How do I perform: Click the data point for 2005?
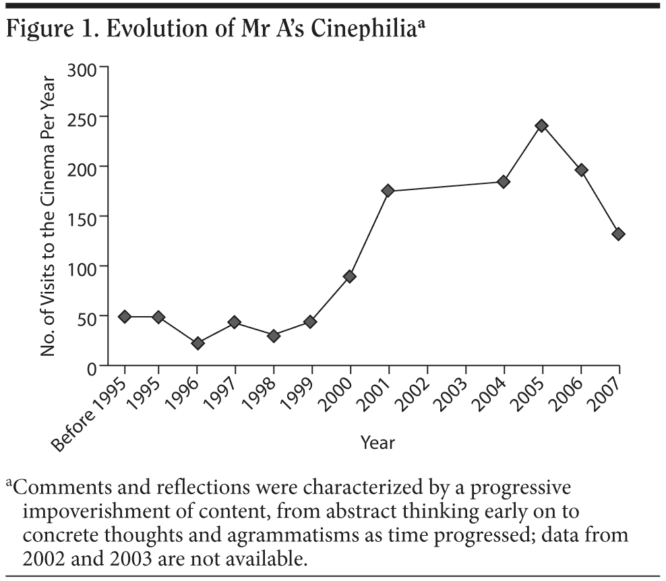541,126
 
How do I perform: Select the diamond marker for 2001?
388,191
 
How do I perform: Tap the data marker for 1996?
197,343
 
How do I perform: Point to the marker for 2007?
618,234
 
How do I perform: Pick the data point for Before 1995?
125,317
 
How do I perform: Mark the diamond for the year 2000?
350,276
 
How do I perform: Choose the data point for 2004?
503,182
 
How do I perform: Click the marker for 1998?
273,336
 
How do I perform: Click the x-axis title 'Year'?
377,443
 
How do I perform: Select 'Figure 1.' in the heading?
47,30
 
